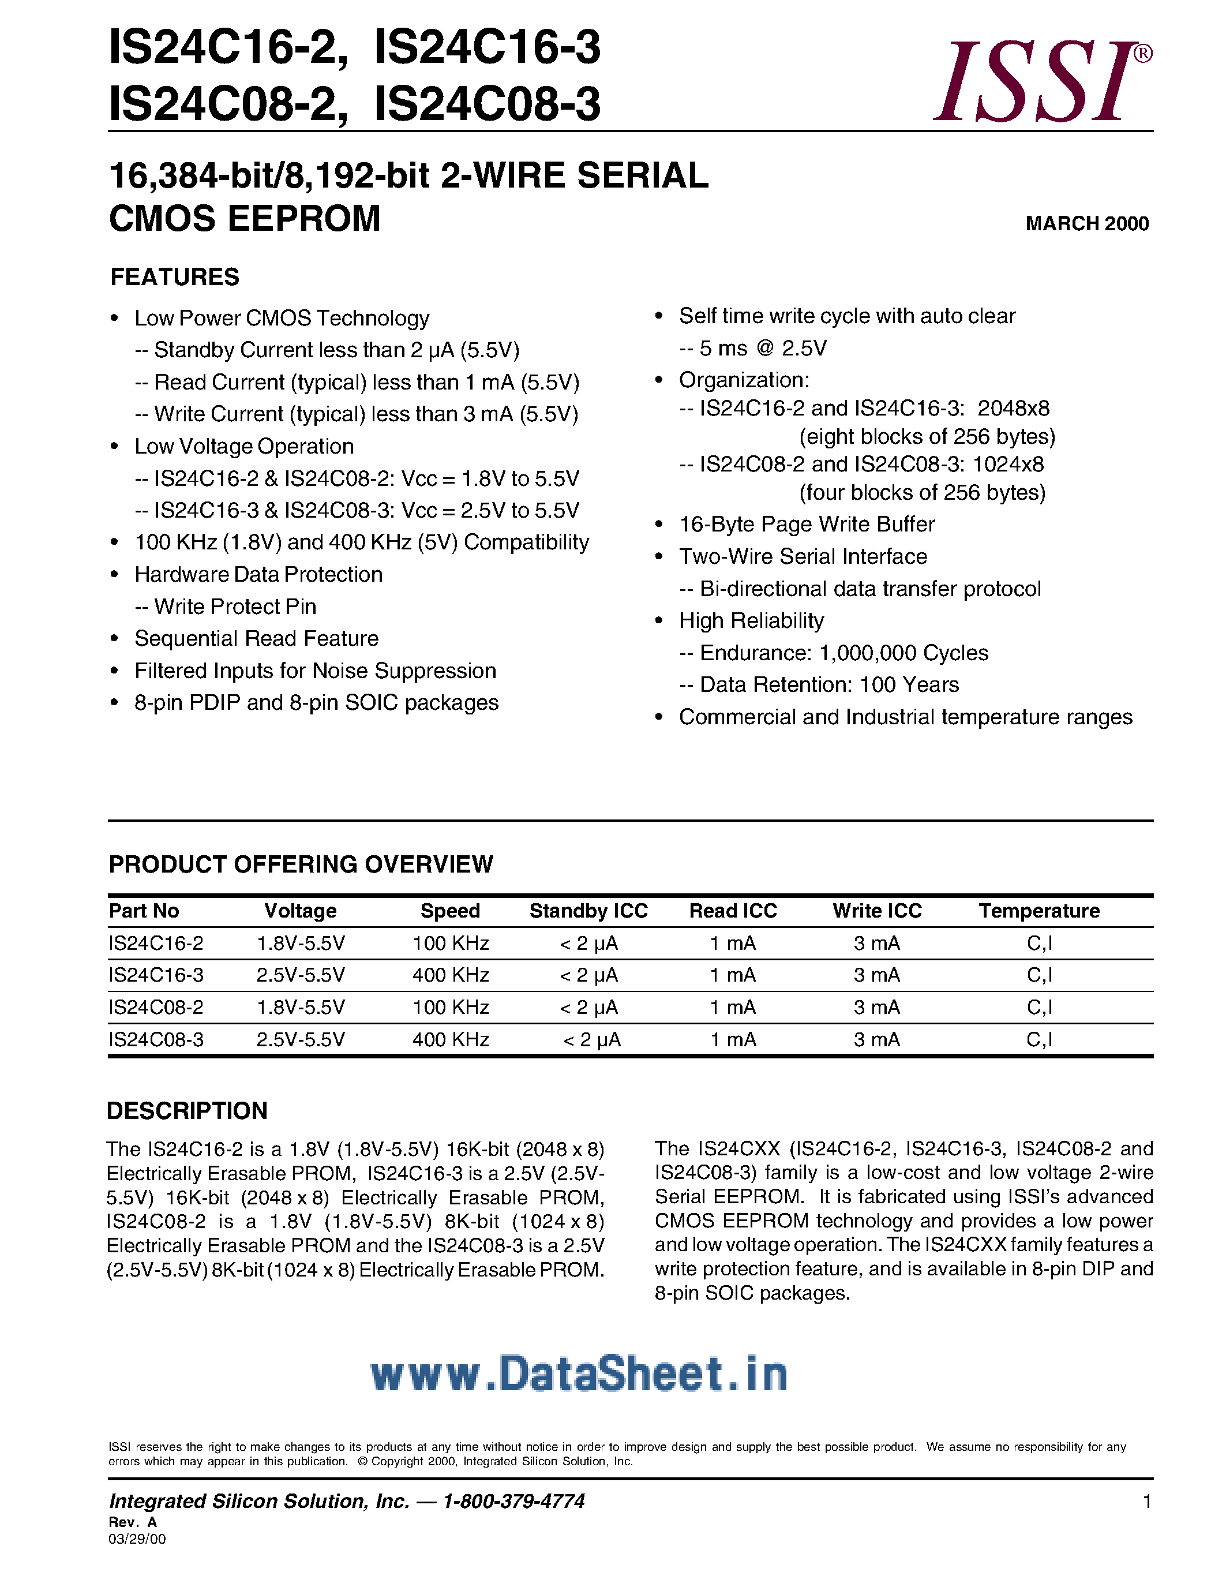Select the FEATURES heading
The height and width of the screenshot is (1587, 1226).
click(x=174, y=277)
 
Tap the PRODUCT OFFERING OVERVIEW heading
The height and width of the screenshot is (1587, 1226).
click(x=301, y=864)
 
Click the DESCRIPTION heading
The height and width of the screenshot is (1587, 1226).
click(x=188, y=1110)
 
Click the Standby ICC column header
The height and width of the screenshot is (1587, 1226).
click(x=588, y=911)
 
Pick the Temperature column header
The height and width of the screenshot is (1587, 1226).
click(x=1038, y=911)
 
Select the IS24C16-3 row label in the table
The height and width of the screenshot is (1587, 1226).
click(x=156, y=975)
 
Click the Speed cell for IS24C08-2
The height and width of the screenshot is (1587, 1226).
click(x=451, y=1007)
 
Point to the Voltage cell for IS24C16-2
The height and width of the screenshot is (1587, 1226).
click(x=301, y=943)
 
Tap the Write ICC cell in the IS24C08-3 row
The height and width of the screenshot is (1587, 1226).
click(x=876, y=1040)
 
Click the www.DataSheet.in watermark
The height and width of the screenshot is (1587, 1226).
click(x=579, y=1374)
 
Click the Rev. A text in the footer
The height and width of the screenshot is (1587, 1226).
click(x=133, y=1522)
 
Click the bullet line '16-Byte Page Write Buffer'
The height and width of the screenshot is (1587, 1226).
click(x=806, y=524)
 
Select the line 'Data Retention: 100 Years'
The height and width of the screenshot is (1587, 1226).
click(x=828, y=684)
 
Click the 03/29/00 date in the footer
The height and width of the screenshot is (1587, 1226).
click(x=137, y=1539)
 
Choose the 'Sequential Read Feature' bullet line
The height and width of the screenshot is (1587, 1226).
click(x=256, y=638)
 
